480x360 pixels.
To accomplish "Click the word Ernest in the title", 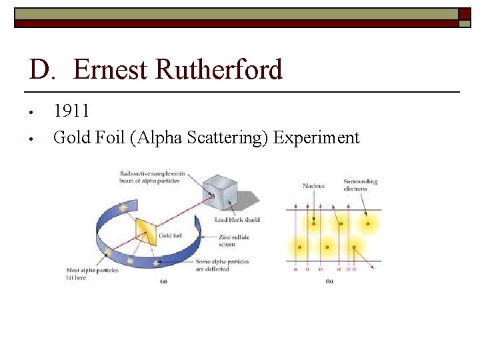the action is (x=110, y=69).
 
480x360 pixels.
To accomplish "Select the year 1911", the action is (x=71, y=111).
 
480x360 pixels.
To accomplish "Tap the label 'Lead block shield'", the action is (x=237, y=220).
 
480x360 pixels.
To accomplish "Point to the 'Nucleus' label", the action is (x=313, y=186).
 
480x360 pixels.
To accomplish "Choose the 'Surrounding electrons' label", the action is (x=360, y=185).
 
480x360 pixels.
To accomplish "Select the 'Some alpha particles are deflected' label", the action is (x=223, y=265).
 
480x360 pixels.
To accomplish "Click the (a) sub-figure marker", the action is (x=163, y=281).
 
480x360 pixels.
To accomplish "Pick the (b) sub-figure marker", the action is (x=329, y=281).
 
